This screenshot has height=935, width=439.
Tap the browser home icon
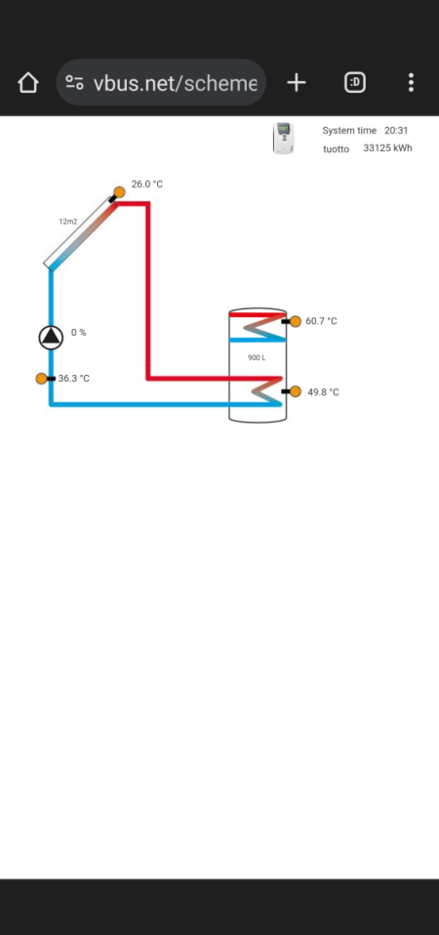tap(28, 83)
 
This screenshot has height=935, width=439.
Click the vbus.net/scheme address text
tap(176, 83)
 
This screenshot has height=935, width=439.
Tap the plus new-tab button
tap(296, 83)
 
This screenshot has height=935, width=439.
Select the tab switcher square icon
tap(355, 82)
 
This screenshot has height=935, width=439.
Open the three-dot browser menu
tap(411, 82)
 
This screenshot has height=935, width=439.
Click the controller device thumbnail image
tap(284, 138)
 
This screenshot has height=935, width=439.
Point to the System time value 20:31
tap(396, 130)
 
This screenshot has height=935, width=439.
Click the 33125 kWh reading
tap(387, 148)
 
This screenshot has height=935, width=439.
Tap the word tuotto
tap(336, 149)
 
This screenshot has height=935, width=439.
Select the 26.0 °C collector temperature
tap(147, 184)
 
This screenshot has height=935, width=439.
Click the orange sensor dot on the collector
tap(119, 192)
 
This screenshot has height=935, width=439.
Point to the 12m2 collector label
tap(68, 222)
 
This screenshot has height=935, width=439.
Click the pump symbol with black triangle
tap(52, 338)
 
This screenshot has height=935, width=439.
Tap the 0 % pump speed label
tap(79, 332)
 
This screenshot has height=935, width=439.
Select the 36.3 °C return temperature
tap(74, 379)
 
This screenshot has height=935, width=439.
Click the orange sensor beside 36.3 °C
tap(42, 379)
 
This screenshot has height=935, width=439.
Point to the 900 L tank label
tap(257, 358)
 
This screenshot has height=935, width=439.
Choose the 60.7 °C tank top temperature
tap(321, 321)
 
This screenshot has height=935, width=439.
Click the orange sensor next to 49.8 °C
tap(296, 391)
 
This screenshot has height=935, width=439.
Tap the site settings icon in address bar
tap(74, 83)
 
